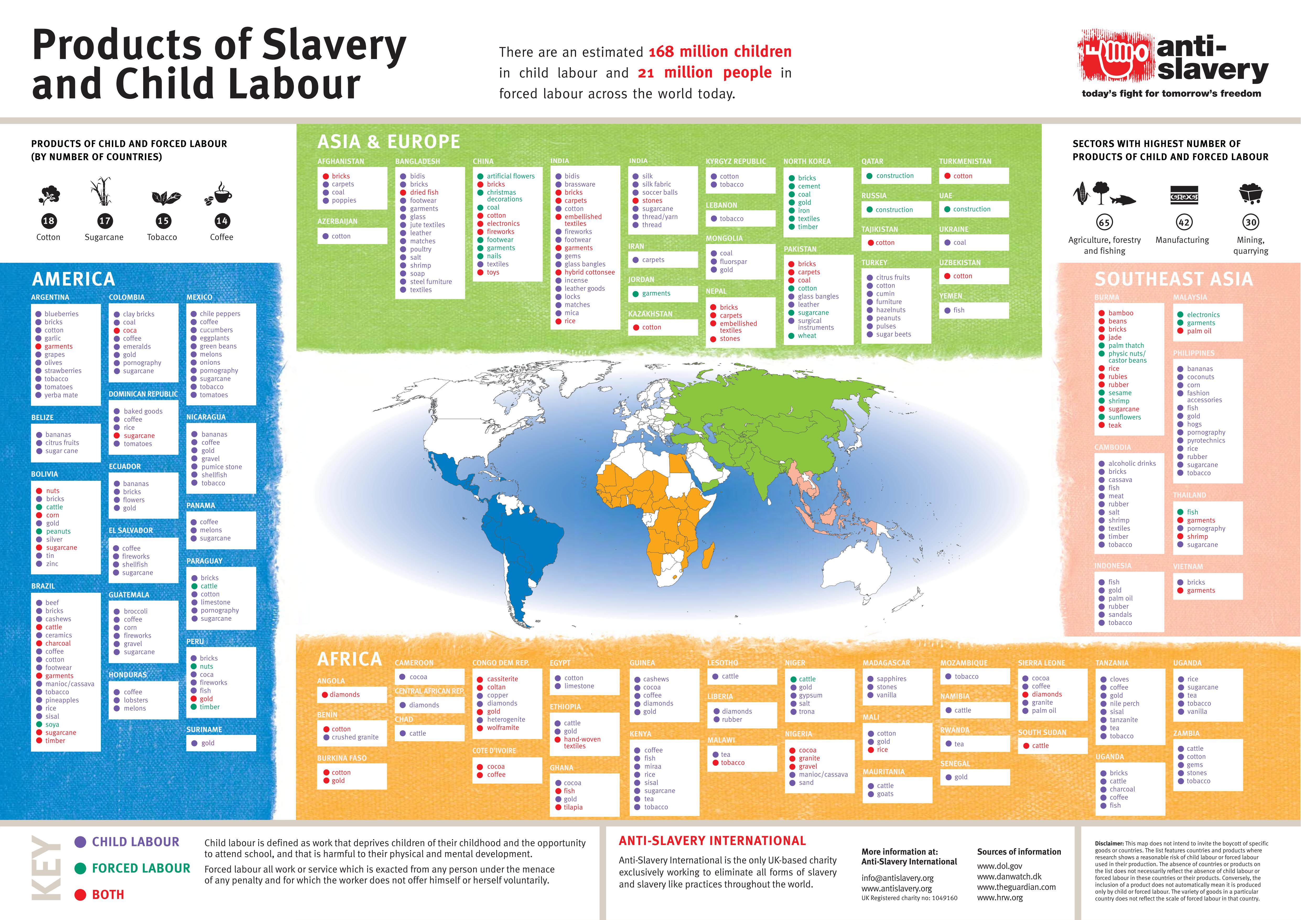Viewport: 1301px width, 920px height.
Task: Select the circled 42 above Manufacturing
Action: click(1184, 222)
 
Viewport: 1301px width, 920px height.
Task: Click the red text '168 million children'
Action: click(720, 52)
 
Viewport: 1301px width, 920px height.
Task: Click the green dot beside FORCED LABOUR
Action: click(80, 868)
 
